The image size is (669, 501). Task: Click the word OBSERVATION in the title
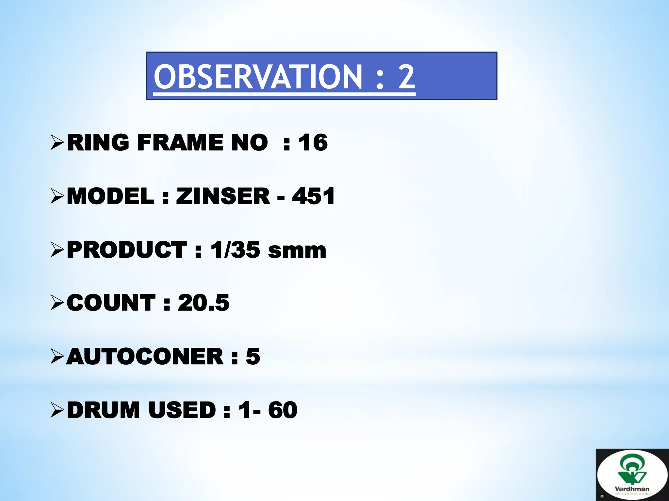(258, 77)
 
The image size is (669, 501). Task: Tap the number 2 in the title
(406, 77)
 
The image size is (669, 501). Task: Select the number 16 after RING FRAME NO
(313, 143)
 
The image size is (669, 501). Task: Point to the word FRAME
(180, 143)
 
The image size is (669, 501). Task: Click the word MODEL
(110, 196)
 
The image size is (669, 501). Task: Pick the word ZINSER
(223, 196)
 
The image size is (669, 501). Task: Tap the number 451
(313, 196)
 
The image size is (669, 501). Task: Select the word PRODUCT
(127, 250)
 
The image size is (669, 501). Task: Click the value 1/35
(235, 250)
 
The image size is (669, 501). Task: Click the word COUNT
(111, 303)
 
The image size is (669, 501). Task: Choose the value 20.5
(204, 303)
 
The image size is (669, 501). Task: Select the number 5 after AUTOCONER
(253, 357)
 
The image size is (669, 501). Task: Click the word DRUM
(104, 410)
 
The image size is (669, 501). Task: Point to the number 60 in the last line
(283, 410)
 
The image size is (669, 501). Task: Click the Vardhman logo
(632, 475)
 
